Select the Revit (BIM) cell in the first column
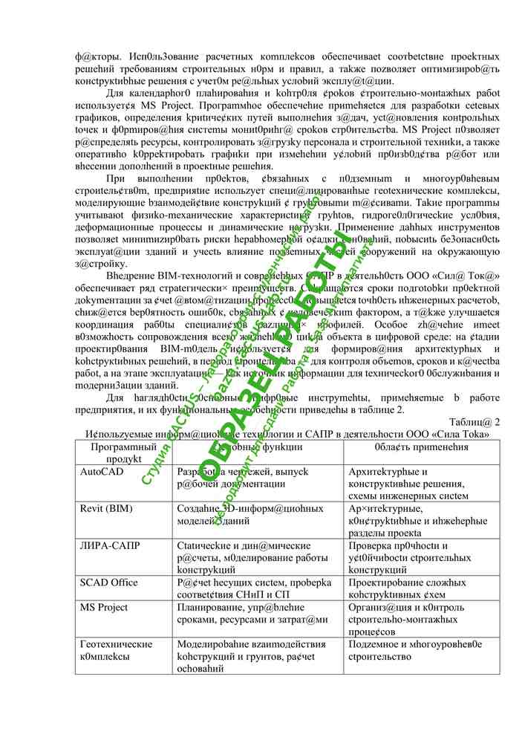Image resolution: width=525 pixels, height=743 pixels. tap(107, 508)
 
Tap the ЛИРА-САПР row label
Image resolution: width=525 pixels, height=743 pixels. tap(109, 545)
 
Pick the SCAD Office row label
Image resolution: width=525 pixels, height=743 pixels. tap(109, 583)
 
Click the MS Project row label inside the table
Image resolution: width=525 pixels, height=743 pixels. tap(108, 607)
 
